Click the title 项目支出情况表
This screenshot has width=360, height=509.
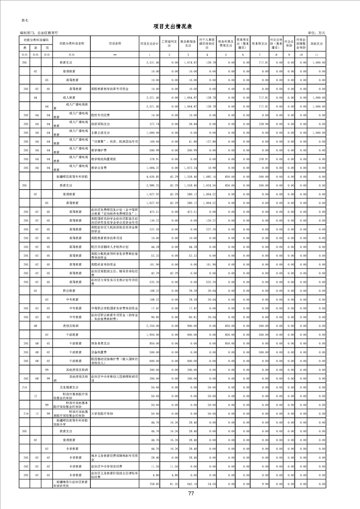(180, 26)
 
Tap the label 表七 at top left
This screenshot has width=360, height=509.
(25, 20)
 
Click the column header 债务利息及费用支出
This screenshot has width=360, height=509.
(225, 44)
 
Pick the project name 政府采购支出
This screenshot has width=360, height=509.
(100, 123)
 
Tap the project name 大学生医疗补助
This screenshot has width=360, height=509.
(102, 414)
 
